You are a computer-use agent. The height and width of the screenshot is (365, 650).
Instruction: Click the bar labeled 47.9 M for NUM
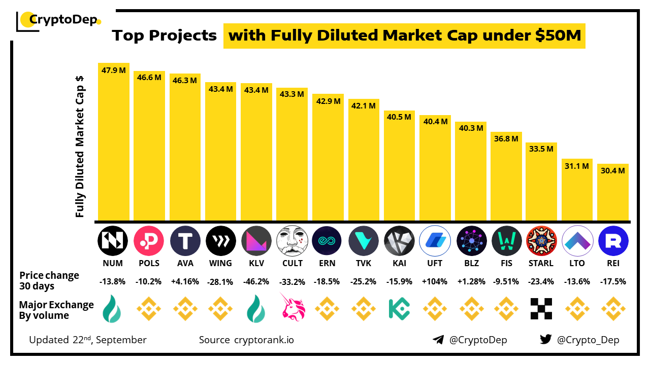[114, 142]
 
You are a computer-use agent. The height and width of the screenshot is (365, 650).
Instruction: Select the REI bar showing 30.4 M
[613, 193]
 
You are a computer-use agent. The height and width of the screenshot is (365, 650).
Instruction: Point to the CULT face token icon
[292, 241]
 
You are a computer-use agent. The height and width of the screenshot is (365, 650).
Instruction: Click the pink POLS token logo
[149, 241]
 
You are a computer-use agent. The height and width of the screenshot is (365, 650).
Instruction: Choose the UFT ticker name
[435, 263]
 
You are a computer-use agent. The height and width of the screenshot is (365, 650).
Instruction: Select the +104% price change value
[435, 281]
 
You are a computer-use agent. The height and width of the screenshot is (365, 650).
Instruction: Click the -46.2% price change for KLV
[256, 281]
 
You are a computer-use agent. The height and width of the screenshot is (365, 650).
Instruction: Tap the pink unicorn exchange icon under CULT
[292, 307]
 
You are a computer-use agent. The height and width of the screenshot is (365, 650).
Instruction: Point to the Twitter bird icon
[546, 340]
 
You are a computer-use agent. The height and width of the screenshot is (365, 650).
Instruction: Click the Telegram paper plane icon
[438, 340]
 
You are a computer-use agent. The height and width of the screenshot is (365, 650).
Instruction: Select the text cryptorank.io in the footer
[264, 340]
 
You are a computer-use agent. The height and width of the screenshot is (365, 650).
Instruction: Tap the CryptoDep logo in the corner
[59, 20]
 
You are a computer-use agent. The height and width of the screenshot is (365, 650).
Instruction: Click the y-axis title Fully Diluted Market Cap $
[80, 147]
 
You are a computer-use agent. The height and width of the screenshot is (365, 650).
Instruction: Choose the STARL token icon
[541, 241]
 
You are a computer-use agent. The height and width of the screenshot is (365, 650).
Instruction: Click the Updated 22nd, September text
[88, 340]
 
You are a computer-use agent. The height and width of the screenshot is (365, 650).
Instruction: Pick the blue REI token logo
[613, 241]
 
